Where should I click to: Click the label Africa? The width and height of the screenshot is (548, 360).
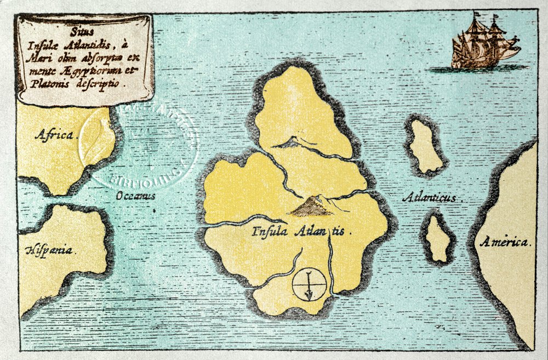(x=55, y=135)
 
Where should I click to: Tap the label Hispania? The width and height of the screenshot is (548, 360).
(x=49, y=250)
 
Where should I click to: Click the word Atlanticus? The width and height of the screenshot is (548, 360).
(x=428, y=198)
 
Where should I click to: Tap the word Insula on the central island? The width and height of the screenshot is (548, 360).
(x=271, y=231)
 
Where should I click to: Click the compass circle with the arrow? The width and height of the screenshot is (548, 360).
(x=309, y=284)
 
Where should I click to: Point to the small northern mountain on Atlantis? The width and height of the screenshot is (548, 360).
(x=289, y=144)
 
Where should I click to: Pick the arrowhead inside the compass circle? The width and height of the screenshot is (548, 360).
(x=309, y=295)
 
